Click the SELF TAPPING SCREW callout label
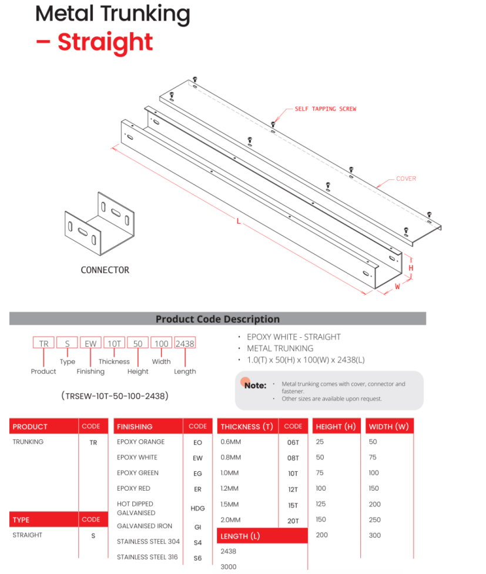tap(326, 109)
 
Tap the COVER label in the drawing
tap(405, 179)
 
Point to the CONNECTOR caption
tap(105, 270)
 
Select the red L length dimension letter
tap(238, 221)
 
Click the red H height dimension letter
tap(411, 268)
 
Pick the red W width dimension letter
tap(397, 287)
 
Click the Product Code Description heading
tap(217, 319)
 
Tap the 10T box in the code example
tap(113, 344)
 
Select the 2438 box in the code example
tap(185, 344)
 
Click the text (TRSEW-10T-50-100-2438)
tap(115, 396)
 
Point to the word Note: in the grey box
tap(255, 385)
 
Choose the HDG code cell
tap(197, 508)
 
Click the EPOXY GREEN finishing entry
tap(138, 473)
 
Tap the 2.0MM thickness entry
tap(230, 520)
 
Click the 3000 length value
tap(228, 567)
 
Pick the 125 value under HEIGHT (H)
tap(321, 504)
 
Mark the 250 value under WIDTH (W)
tap(375, 520)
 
